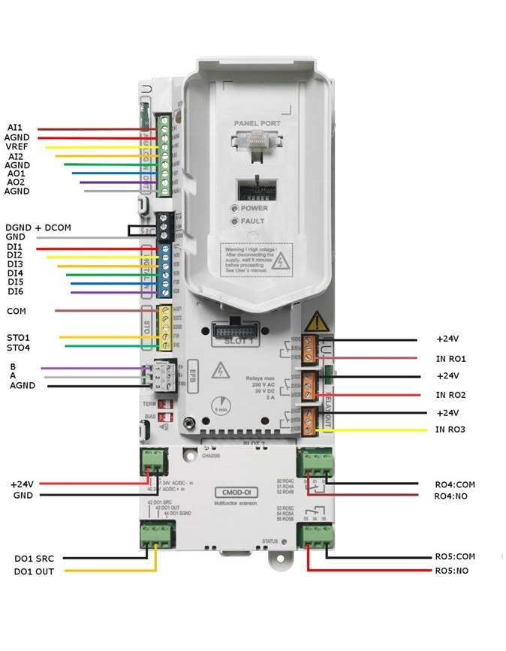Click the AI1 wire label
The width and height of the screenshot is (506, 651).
tap(14, 128)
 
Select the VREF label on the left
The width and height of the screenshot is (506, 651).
tap(17, 146)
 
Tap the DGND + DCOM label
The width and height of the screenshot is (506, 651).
tap(38, 228)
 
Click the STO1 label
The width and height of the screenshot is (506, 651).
tap(19, 338)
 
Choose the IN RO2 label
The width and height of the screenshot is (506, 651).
tap(451, 395)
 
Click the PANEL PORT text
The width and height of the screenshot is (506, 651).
tap(256, 122)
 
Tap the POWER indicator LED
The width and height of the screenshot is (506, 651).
tap(234, 208)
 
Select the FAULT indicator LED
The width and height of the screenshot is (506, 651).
tap(234, 222)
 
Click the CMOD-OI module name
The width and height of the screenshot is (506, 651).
tap(227, 493)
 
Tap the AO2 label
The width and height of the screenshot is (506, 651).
tap(15, 182)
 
